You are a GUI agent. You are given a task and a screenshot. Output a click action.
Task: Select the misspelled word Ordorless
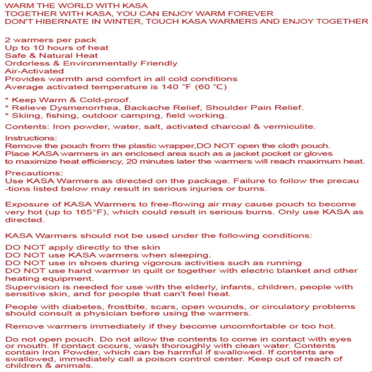27,63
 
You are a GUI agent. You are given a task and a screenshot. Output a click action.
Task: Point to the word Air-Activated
34,71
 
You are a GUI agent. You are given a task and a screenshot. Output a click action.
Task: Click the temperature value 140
170,87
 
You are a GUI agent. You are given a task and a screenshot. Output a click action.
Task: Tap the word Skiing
27,116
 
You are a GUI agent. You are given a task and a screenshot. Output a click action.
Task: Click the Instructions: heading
31,138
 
